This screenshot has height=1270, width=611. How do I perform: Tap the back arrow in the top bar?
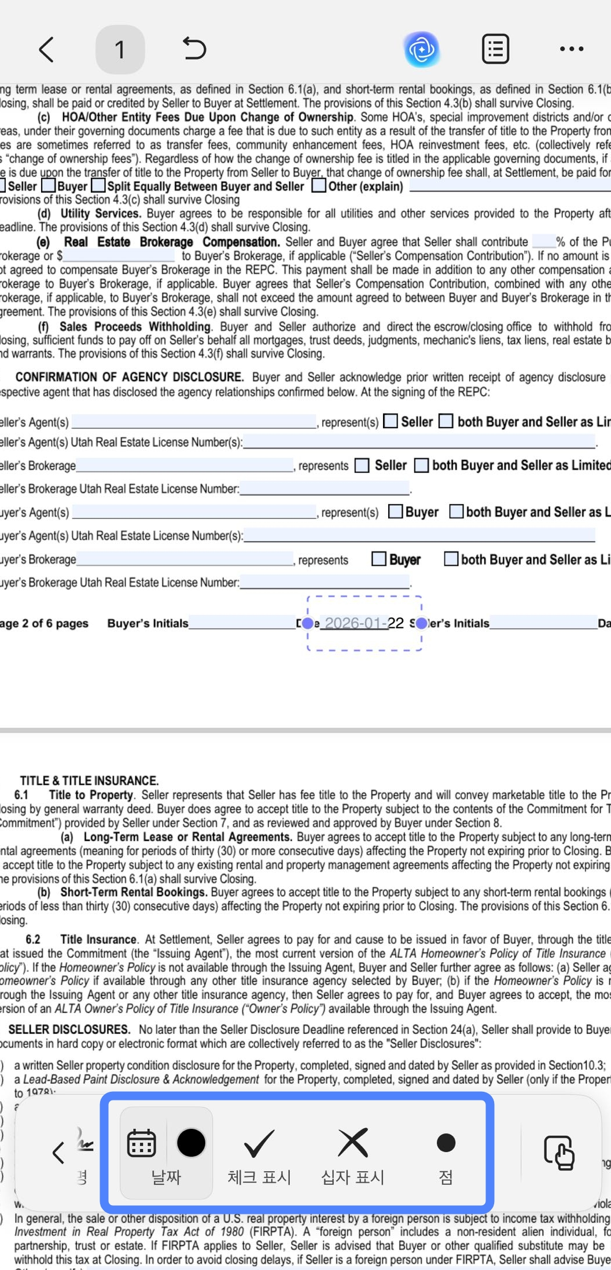[46, 49]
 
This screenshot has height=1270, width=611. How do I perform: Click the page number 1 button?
[120, 50]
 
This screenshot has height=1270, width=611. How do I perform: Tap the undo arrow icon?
[194, 49]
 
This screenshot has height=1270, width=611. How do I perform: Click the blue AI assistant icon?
[422, 50]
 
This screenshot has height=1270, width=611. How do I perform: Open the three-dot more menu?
[571, 49]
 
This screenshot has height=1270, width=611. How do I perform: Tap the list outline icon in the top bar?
[495, 49]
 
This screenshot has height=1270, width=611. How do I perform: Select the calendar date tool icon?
[142, 1143]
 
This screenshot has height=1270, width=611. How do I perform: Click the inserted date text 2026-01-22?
[364, 623]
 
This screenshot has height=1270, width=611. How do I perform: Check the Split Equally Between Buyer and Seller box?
[99, 186]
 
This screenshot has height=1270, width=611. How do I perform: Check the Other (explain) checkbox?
[319, 186]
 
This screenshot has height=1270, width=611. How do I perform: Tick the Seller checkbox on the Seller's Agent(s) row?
[391, 421]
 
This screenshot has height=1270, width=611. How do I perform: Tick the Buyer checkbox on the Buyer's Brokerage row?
[379, 559]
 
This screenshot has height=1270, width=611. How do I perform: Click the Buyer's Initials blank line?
[242, 623]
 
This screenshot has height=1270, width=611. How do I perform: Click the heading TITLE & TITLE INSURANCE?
[89, 781]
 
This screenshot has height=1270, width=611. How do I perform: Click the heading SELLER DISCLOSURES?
[69, 1029]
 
